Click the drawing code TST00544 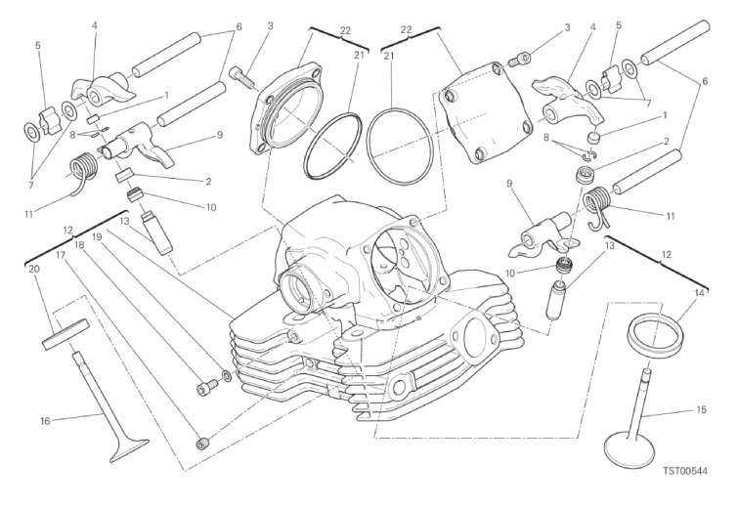(x=685, y=471)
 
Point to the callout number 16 (x=45, y=421)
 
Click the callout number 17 (x=61, y=255)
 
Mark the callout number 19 (x=97, y=236)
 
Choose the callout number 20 (x=34, y=269)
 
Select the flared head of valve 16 (x=128, y=447)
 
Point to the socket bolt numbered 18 (x=207, y=387)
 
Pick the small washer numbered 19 (x=227, y=375)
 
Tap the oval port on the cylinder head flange (x=476, y=338)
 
